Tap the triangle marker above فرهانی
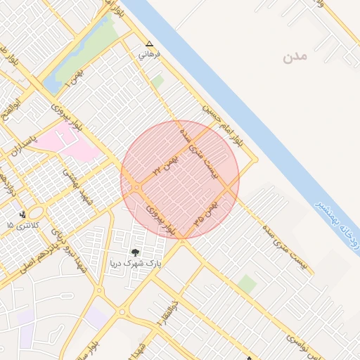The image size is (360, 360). point(148,43)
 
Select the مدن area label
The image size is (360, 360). point(296,57)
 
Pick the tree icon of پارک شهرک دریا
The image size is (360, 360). point(135,252)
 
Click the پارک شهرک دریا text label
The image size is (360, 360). point(134,264)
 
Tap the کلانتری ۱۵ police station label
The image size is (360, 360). point(19,224)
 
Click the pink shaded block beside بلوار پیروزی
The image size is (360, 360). point(67,146)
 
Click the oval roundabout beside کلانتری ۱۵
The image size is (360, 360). point(37,212)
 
